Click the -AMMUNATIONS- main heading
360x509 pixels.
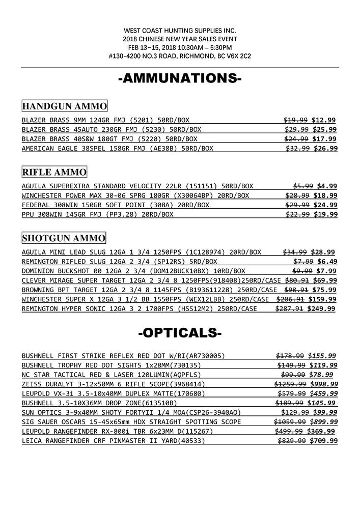coord(180,79)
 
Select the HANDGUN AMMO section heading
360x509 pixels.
coord(65,106)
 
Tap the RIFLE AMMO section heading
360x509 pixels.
coord(54,172)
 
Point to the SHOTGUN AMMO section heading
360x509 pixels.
coord(64,238)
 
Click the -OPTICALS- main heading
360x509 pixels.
coord(180,334)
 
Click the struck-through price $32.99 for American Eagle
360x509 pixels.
coord(298,149)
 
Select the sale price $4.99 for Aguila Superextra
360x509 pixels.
coord(326,186)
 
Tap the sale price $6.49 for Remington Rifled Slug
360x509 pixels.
coord(326,261)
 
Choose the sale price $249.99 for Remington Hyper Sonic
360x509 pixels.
coord(321,308)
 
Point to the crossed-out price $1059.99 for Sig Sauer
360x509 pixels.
coord(289,422)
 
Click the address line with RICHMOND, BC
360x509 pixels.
coord(180,55)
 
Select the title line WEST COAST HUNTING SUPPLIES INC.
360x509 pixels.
coord(180,31)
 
